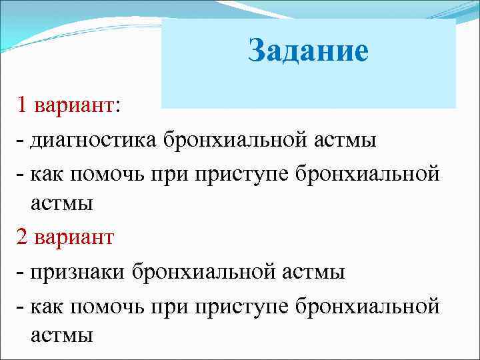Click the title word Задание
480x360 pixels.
pos(307,51)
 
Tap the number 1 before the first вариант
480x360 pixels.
pos(23,105)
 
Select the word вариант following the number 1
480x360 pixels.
pos(74,105)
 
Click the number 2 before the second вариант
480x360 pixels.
pos(23,237)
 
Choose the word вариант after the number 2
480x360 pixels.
pos(74,238)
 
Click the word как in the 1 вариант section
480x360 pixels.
pos(47,174)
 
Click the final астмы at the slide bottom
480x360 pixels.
pos(62,335)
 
